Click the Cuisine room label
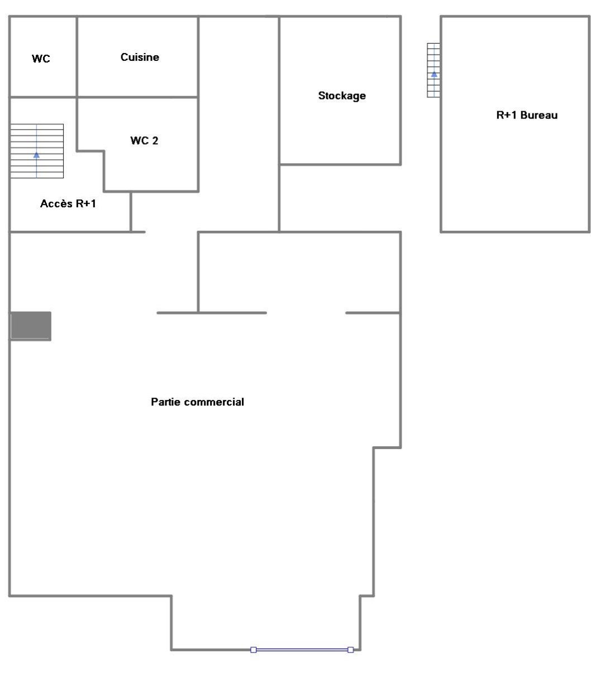(x=140, y=57)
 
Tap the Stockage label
(x=342, y=96)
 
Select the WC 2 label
(x=144, y=141)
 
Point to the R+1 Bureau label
(x=527, y=115)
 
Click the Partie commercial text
(x=197, y=402)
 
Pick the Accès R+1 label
(x=68, y=203)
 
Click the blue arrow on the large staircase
(x=36, y=155)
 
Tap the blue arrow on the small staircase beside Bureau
(x=434, y=75)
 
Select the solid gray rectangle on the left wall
(x=31, y=326)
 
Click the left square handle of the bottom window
(x=254, y=650)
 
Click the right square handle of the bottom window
(x=350, y=650)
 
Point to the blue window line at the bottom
(x=302, y=650)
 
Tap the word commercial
(x=214, y=402)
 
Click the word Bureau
(x=538, y=115)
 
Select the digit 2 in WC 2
(x=155, y=141)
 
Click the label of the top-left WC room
(x=41, y=59)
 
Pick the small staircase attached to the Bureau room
(x=433, y=70)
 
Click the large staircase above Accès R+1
(x=37, y=151)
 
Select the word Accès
(x=56, y=203)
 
